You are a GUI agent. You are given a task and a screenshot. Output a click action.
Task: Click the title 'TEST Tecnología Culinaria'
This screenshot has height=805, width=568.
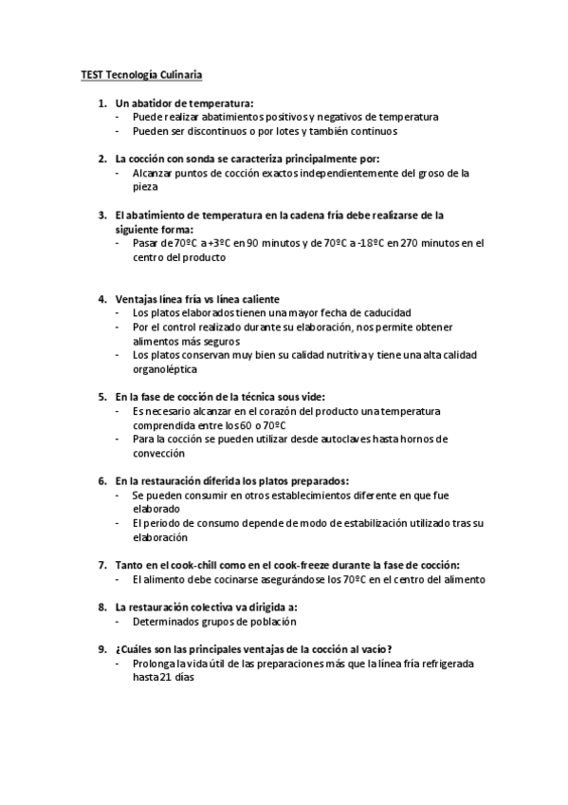point(139,73)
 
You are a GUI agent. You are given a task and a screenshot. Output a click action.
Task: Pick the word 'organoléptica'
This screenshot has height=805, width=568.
point(165,368)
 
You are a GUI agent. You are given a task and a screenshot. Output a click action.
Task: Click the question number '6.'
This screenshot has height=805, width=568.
point(102,480)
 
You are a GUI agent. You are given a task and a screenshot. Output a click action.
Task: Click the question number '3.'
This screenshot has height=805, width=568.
point(102,215)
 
